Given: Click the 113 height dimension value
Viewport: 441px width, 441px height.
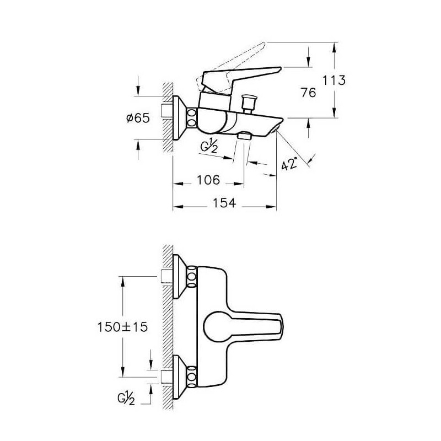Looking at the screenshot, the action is tap(334, 80).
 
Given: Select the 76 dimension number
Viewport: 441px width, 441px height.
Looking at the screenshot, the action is tap(309, 93).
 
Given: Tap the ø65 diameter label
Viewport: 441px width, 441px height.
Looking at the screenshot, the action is tap(138, 118).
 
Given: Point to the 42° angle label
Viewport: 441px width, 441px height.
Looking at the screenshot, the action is tap(289, 164).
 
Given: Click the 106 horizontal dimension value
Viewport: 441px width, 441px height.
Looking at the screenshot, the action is tap(208, 180).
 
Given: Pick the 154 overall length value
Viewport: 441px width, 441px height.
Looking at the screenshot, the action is tap(224, 203).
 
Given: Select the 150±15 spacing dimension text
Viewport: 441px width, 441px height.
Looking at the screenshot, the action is tap(122, 327).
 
